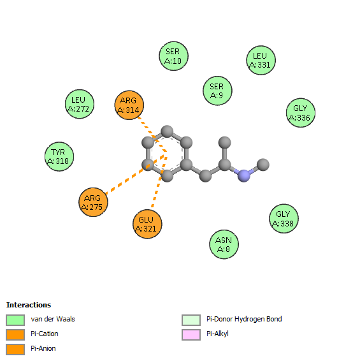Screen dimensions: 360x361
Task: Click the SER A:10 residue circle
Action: (174, 56)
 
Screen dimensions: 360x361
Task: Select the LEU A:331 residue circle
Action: (261, 60)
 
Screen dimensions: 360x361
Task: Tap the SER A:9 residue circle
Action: (217, 91)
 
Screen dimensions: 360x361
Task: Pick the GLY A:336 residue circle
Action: (301, 113)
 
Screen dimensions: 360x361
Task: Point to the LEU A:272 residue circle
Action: (80, 104)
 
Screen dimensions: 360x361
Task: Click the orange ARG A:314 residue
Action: (129, 105)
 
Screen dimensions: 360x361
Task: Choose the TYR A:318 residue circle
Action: (59, 156)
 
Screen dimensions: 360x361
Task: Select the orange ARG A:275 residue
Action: (93, 202)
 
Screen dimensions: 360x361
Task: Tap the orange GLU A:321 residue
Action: (147, 224)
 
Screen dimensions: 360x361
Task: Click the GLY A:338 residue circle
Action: (284, 219)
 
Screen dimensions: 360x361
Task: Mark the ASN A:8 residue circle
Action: (224, 244)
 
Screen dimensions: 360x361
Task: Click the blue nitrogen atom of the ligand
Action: (244, 176)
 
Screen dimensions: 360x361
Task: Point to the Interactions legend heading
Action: (29, 305)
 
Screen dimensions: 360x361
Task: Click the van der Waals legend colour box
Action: (15, 320)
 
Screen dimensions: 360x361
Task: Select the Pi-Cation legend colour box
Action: (15, 335)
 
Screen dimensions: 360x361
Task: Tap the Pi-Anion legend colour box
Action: (15, 350)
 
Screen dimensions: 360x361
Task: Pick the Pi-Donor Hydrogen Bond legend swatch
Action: (191, 320)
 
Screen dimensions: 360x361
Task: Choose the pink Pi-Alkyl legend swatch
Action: (191, 335)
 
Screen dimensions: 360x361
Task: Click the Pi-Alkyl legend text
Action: (217, 334)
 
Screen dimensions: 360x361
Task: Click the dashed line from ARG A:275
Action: (136, 175)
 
